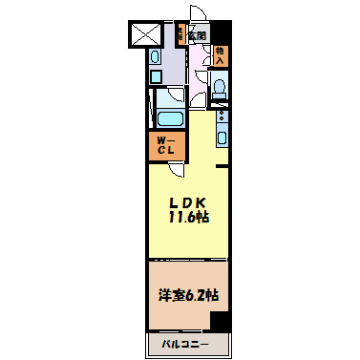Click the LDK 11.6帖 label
click(x=189, y=209)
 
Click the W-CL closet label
click(x=164, y=148)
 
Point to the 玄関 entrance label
click(x=197, y=36)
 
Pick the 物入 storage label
click(x=221, y=54)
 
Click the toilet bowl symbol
click(x=221, y=90)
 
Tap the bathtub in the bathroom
click(x=170, y=120)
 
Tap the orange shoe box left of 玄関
click(x=179, y=36)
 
